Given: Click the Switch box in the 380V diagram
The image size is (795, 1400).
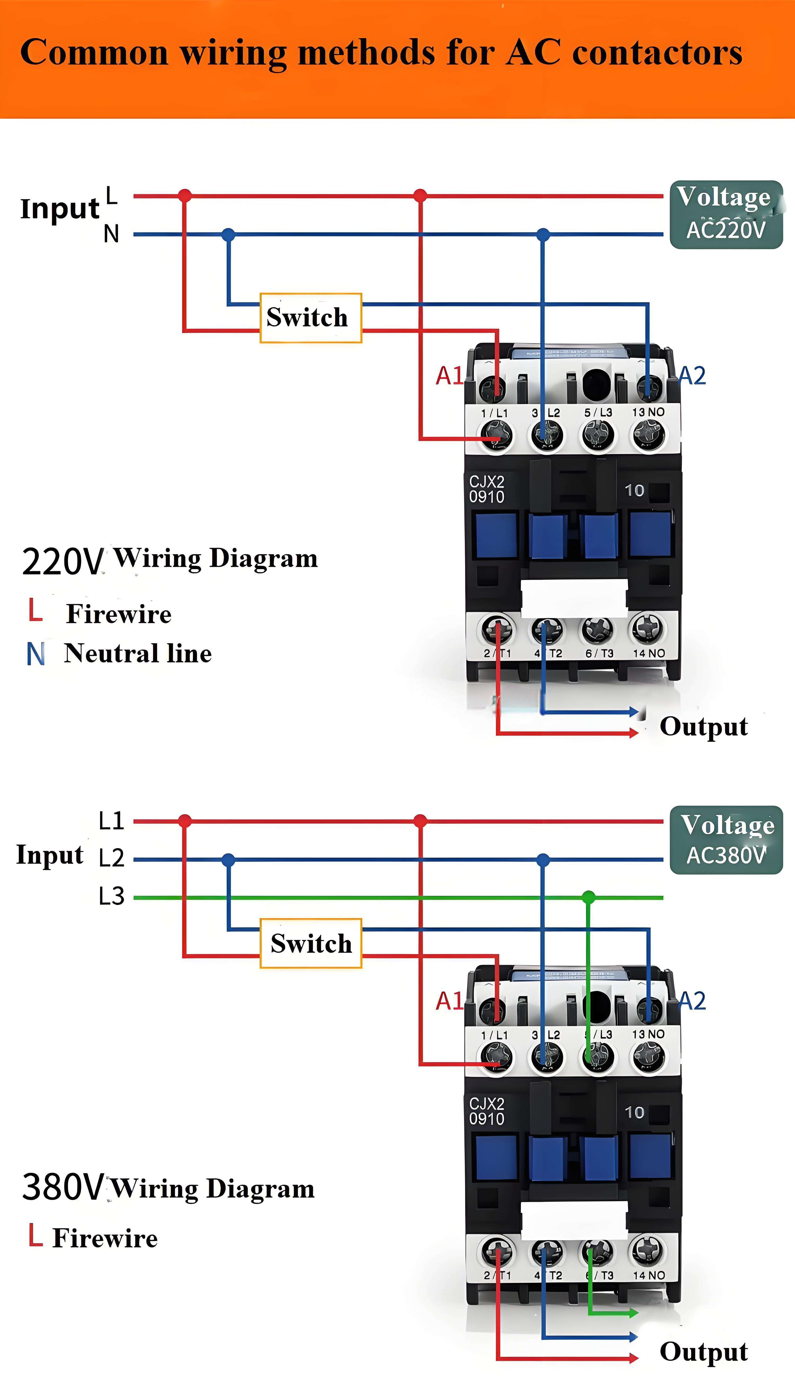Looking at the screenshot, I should click(x=311, y=943).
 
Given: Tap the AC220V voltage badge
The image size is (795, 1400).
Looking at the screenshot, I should click(x=726, y=215).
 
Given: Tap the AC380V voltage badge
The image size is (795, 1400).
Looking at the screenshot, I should click(x=726, y=839).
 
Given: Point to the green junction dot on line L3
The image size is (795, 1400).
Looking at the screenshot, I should click(x=588, y=897).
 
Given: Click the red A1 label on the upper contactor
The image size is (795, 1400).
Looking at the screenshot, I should click(x=449, y=375).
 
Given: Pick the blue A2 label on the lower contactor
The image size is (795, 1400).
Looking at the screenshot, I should click(x=692, y=1000).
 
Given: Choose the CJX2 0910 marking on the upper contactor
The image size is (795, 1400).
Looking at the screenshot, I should click(x=487, y=489).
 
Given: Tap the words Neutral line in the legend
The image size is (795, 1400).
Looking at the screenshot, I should click(x=138, y=653).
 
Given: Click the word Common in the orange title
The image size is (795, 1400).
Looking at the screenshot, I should click(x=94, y=53).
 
